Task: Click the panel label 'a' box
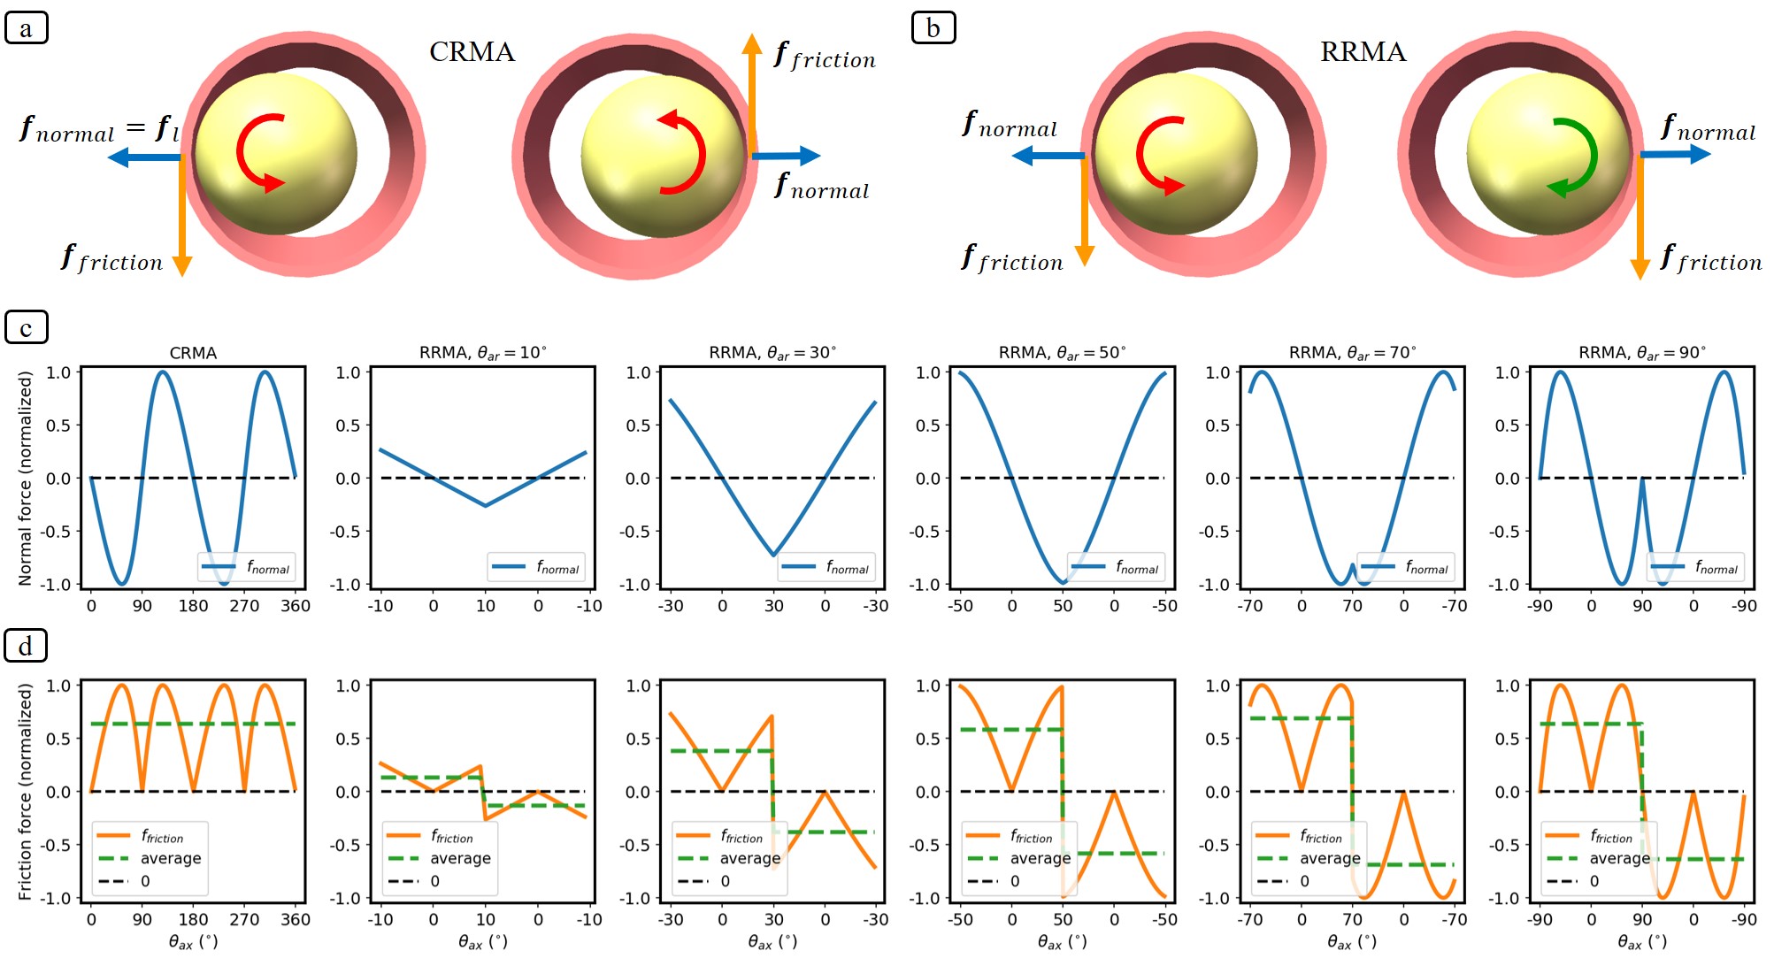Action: coord(27,27)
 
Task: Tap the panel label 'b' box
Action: coord(933,27)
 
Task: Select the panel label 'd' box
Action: coord(26,646)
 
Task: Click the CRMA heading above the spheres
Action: coord(472,51)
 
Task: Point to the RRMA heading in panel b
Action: coord(1363,51)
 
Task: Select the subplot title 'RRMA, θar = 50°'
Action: coord(1062,352)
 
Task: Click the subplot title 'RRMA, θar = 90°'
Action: coord(1641,352)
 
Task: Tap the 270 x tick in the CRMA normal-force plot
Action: coord(244,606)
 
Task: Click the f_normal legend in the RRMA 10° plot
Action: coord(536,567)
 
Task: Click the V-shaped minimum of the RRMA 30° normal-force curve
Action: coord(773,555)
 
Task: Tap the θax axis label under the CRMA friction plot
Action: coord(193,942)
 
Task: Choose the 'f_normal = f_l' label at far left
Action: coord(99,129)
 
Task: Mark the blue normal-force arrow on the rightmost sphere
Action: coord(1674,154)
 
